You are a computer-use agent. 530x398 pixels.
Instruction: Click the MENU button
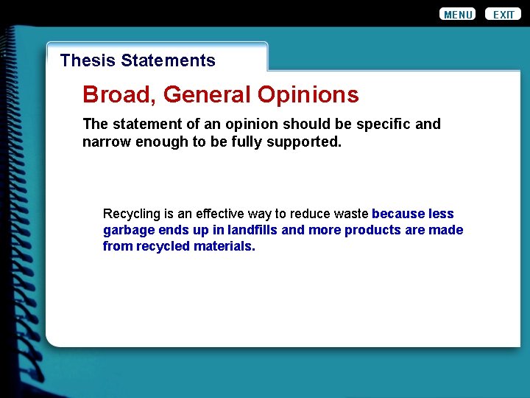457,15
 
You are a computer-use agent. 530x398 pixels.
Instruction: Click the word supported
309,142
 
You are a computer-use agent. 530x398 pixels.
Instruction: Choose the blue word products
372,230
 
